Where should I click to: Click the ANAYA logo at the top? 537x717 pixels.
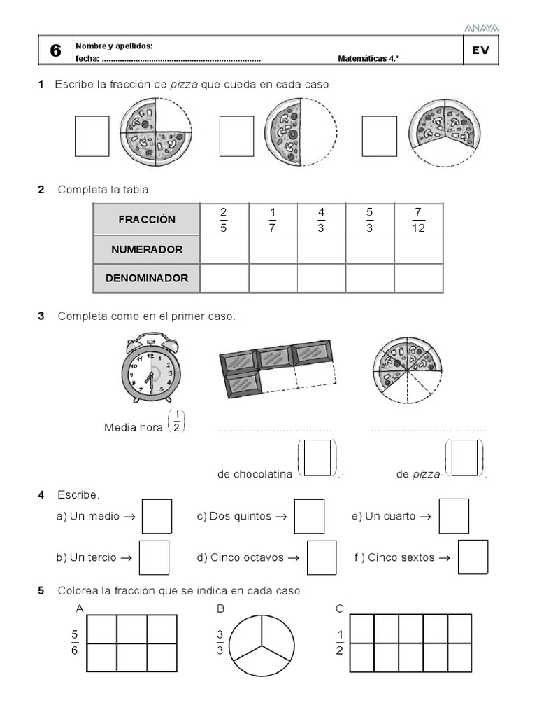tap(481, 27)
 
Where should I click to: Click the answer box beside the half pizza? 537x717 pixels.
tap(236, 136)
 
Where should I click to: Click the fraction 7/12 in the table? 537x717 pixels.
tap(418, 220)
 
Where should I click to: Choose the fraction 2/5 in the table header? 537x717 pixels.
tap(224, 220)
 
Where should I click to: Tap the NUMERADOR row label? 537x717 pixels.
tap(147, 249)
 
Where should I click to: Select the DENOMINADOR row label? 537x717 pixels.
tap(147, 278)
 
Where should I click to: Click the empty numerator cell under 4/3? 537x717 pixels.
tap(321, 249)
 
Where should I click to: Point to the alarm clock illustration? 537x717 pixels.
tap(148, 369)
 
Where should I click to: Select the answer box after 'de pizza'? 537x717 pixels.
tap(465, 458)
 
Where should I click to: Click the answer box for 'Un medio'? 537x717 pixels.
tap(157, 516)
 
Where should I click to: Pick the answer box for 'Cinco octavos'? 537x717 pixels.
tap(322, 557)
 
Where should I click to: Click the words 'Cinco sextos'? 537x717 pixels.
tap(401, 558)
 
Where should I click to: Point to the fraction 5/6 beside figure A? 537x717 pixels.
tap(75, 643)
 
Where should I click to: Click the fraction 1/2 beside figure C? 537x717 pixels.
tap(340, 643)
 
